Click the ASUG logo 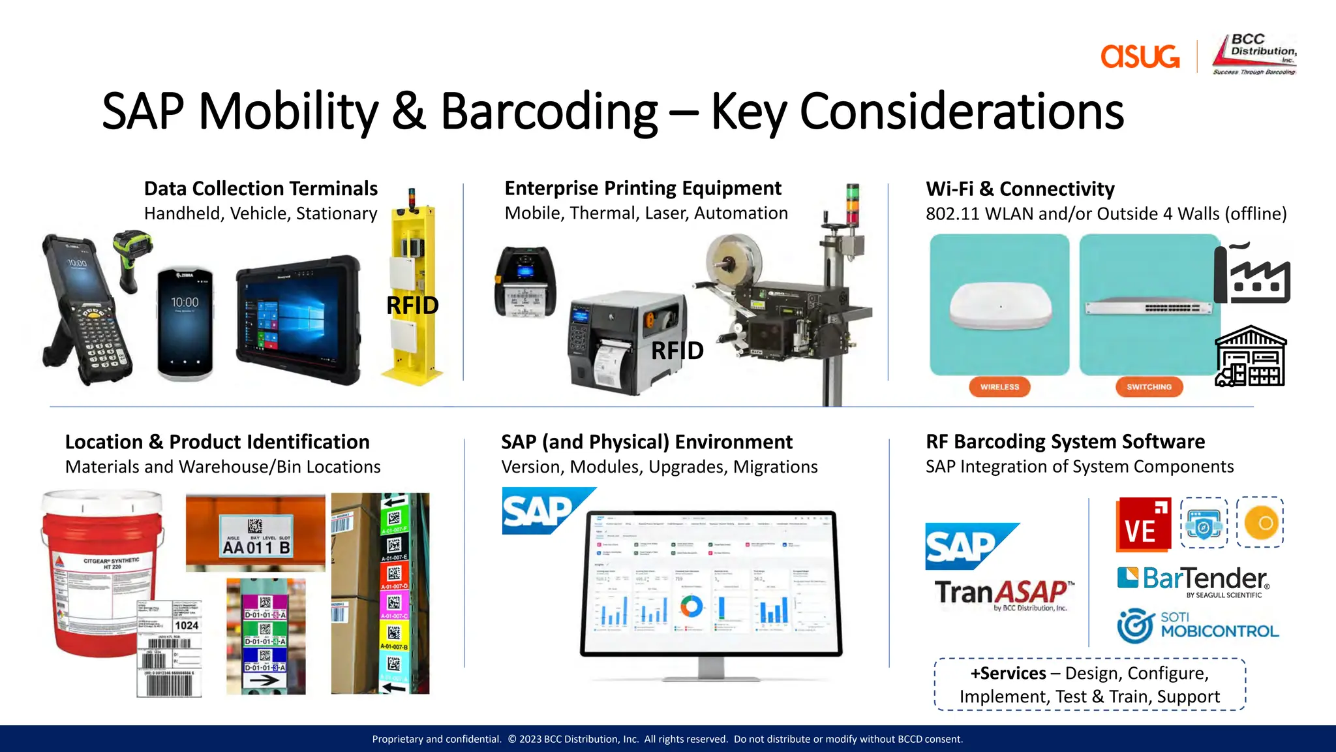coord(1140,56)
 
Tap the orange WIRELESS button coord(999,386)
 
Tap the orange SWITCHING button coord(1149,386)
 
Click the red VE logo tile coord(1143,524)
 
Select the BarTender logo coord(1194,580)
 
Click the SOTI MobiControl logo coord(1198,625)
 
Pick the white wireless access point coord(1000,305)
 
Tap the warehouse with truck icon coord(1251,358)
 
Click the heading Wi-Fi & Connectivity coord(1020,189)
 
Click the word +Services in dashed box coord(1008,673)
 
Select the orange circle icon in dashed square coord(1260,522)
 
